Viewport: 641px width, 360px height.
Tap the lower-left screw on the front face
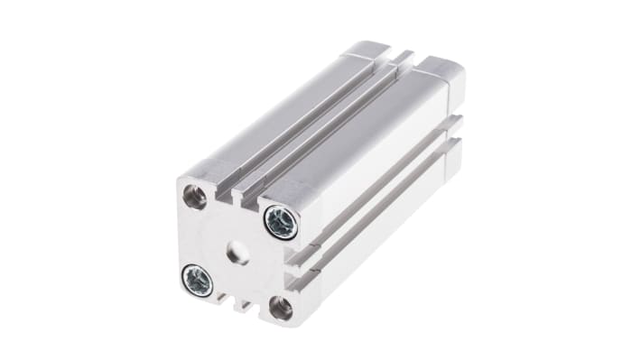coord(197,280)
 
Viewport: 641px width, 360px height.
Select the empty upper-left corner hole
coord(192,195)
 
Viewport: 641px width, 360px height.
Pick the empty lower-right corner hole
coord(281,308)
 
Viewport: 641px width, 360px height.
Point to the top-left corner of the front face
coord(180,179)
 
